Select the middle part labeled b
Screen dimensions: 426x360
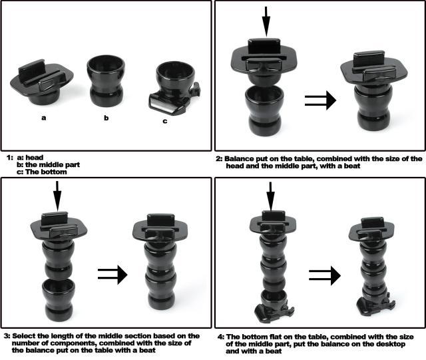click(x=106, y=81)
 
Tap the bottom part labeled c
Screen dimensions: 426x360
click(x=174, y=89)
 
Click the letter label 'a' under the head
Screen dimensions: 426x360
click(x=44, y=118)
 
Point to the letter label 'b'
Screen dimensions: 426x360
click(x=106, y=118)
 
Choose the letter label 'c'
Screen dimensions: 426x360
click(x=165, y=121)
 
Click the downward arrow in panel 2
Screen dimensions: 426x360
click(x=266, y=21)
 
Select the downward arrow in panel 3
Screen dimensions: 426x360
click(x=57, y=196)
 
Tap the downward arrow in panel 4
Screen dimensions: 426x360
click(x=270, y=196)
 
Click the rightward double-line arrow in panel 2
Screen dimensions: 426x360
click(x=320, y=100)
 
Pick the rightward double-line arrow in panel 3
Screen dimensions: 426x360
click(x=112, y=274)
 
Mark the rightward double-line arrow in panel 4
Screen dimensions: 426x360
click(x=325, y=275)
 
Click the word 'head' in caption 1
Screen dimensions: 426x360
click(x=34, y=158)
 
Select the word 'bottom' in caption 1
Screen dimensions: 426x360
click(x=53, y=172)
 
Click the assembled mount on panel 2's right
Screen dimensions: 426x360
click(x=374, y=90)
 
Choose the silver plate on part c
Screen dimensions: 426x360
click(x=163, y=106)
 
